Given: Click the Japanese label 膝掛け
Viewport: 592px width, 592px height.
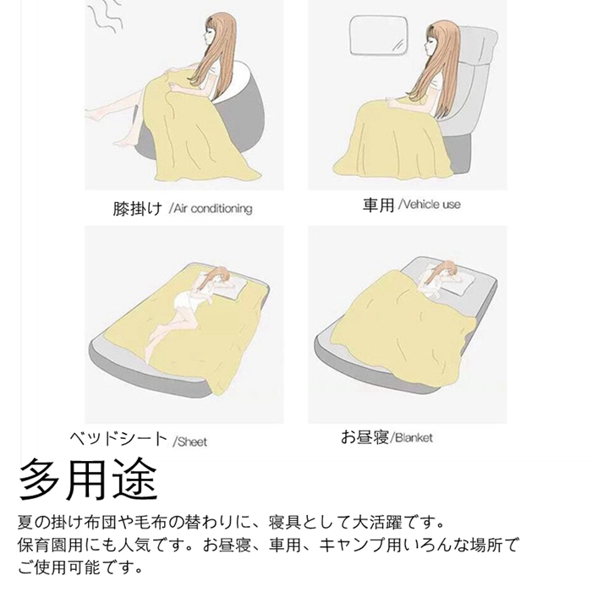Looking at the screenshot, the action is click(x=137, y=208).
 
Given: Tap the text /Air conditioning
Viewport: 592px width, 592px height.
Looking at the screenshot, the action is click(x=211, y=208).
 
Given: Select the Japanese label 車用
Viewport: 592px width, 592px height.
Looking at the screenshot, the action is click(x=378, y=205).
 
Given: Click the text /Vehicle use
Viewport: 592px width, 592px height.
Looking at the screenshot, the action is click(x=430, y=205).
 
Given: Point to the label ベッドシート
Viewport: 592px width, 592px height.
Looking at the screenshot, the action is click(x=118, y=438).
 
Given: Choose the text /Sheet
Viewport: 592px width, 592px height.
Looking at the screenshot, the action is click(x=190, y=441).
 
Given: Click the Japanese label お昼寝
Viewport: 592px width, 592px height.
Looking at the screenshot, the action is click(x=365, y=437).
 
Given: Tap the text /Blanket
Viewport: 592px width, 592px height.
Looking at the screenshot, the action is click(x=412, y=438).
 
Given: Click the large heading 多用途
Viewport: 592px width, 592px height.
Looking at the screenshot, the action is click(x=88, y=479).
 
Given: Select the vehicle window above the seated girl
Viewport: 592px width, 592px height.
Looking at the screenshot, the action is click(x=379, y=35).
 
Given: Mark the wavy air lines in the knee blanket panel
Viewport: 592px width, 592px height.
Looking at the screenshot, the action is click(x=107, y=18).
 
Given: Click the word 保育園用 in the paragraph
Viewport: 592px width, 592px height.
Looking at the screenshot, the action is click(x=50, y=545).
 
